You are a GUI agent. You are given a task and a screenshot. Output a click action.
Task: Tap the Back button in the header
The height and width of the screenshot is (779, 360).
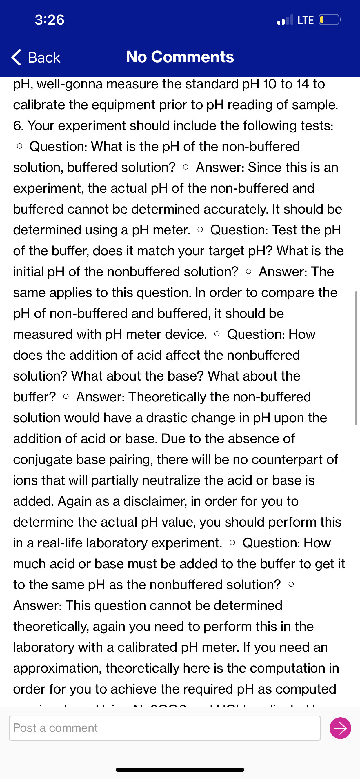(36, 57)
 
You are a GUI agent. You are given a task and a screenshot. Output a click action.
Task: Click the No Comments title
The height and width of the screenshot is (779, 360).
(180, 57)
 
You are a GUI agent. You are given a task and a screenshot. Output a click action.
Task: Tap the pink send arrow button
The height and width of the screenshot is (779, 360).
(340, 728)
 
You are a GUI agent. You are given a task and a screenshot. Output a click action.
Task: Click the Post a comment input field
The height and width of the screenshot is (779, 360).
(165, 728)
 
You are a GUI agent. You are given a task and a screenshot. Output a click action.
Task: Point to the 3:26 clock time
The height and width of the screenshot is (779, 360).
(50, 20)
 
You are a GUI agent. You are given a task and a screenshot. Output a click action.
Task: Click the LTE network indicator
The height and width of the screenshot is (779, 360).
(306, 20)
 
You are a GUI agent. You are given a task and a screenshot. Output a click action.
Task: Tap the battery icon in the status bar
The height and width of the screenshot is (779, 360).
(330, 20)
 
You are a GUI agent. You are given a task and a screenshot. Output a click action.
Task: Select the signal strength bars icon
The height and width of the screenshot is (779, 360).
(285, 20)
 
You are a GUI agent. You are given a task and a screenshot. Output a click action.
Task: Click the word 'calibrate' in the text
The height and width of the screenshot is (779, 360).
(39, 105)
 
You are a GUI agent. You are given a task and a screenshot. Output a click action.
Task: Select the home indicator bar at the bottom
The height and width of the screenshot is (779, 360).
(180, 770)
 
